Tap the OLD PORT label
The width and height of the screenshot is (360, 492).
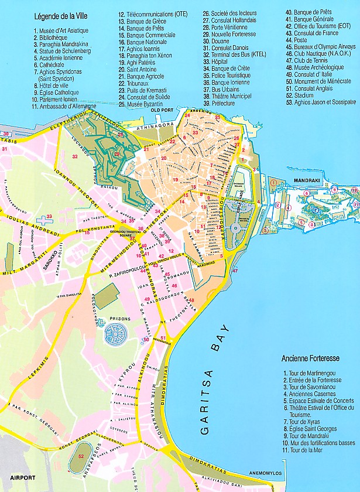pyautogui.click(x=163, y=110)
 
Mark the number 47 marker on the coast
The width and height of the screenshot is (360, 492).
pyautogui.click(x=235, y=271)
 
